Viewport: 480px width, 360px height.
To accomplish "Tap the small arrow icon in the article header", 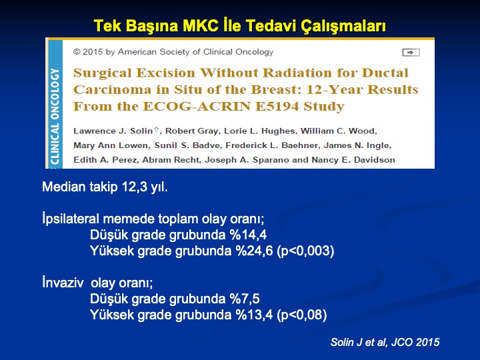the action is [x=411, y=53].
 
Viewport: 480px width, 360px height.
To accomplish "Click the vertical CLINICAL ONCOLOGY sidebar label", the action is [x=55, y=116].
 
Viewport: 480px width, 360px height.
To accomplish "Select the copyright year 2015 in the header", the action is [x=93, y=52].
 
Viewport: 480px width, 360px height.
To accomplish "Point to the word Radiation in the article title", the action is [x=297, y=73].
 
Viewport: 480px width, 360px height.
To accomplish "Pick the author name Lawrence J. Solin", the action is [x=113, y=131].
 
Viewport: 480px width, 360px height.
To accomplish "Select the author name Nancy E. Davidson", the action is [x=353, y=160].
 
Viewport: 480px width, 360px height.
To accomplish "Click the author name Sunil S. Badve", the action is [x=187, y=145].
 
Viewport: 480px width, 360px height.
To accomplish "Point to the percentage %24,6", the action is [x=254, y=251].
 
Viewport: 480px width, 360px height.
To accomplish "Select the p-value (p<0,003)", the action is [x=305, y=251].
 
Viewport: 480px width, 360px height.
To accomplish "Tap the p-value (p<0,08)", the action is [x=301, y=315].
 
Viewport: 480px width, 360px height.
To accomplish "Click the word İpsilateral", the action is [x=71, y=219].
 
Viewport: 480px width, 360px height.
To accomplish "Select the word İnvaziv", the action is [x=63, y=282].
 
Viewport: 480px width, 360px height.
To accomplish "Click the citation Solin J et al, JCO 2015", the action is [x=385, y=342].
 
